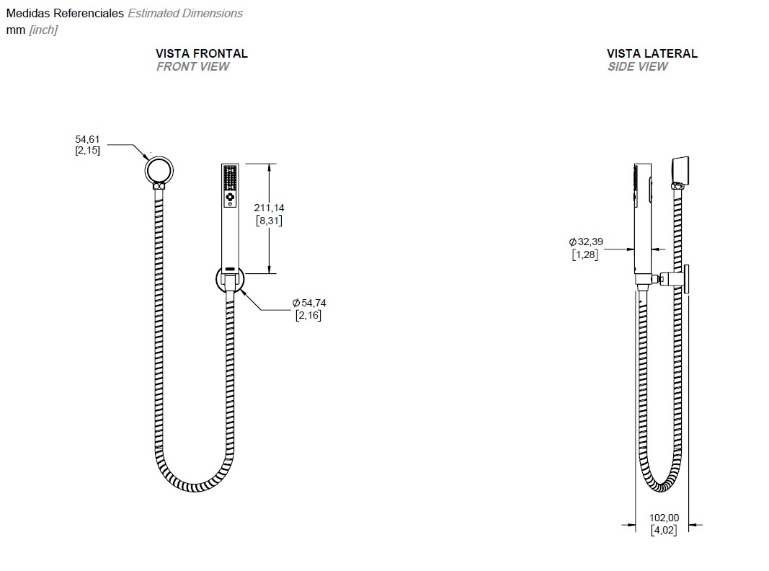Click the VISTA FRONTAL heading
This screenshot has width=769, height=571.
click(202, 53)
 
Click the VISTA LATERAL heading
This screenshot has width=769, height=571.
click(652, 53)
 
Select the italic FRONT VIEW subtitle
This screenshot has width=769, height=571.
click(192, 67)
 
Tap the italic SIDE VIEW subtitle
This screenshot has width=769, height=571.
click(638, 67)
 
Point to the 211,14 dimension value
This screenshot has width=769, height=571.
click(269, 208)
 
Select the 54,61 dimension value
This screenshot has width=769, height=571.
click(87, 139)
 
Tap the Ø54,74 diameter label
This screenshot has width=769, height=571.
click(309, 303)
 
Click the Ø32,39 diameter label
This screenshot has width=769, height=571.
click(586, 242)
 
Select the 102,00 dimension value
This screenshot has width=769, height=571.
click(664, 518)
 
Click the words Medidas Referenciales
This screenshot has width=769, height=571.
click(65, 13)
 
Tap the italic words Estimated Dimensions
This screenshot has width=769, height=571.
click(185, 13)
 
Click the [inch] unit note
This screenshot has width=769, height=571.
click(43, 30)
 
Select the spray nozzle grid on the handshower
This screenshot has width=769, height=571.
click(230, 178)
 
